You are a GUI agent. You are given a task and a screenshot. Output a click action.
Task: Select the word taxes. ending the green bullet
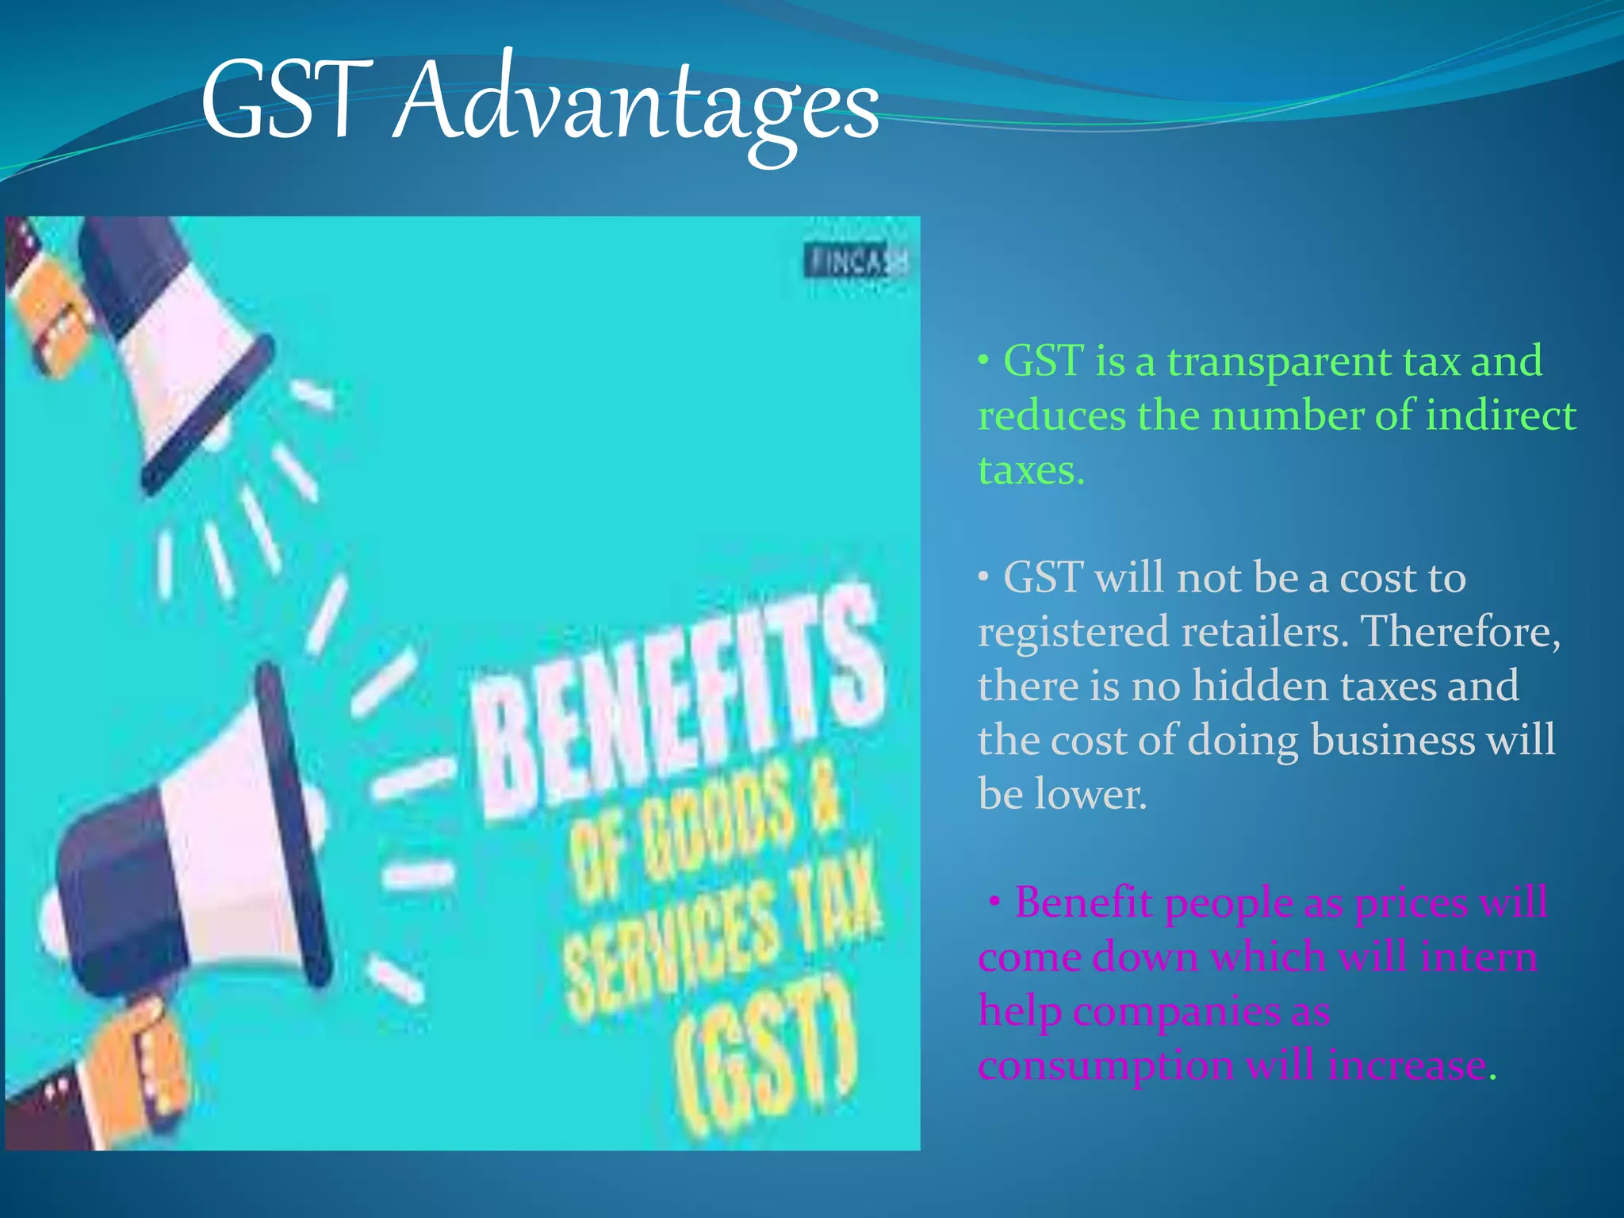click(1031, 470)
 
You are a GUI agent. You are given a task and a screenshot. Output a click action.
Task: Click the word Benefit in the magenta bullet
click(1083, 902)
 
